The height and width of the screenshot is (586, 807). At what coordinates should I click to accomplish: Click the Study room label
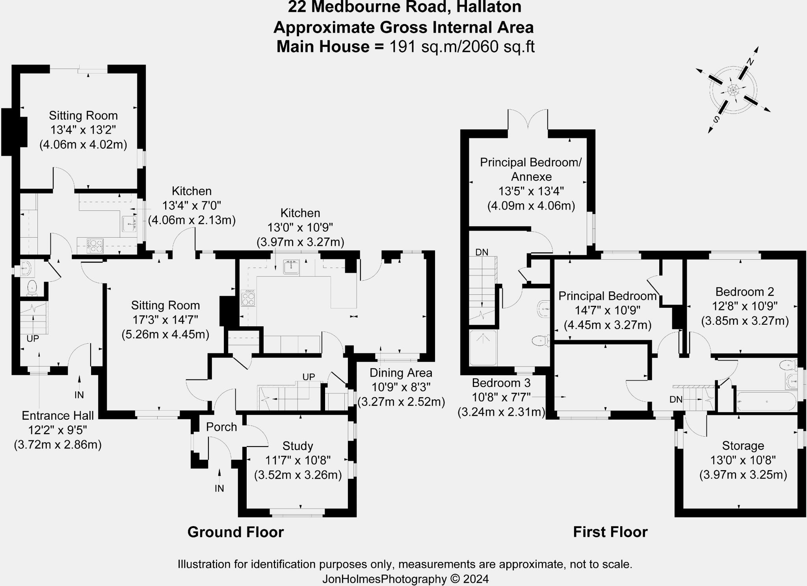(298, 446)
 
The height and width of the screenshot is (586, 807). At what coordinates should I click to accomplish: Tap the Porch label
(221, 427)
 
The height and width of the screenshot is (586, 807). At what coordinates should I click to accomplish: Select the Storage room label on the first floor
(743, 446)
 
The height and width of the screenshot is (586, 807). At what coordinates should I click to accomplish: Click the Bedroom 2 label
(744, 292)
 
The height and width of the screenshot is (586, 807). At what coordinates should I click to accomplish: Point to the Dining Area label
(401, 373)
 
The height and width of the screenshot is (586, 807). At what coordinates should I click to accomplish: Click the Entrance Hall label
(58, 415)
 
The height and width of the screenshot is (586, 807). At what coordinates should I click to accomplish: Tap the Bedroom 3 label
(501, 383)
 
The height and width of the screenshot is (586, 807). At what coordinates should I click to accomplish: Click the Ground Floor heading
(235, 532)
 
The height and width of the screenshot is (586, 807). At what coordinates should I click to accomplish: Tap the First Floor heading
(610, 532)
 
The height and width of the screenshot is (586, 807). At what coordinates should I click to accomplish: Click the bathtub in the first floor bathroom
(766, 402)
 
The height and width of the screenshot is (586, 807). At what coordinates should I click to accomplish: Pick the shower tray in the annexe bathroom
(483, 348)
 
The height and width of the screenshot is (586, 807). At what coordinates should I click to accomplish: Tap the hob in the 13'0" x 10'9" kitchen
(248, 298)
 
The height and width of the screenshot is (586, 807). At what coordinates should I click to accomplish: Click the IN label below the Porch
(219, 489)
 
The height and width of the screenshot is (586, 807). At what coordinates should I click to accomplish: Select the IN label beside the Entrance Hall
(79, 395)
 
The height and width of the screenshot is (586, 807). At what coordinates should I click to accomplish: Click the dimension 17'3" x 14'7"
(165, 320)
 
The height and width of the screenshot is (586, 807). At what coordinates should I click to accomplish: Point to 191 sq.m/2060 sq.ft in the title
(461, 47)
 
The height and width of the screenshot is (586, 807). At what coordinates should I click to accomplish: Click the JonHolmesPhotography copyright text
(405, 579)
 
